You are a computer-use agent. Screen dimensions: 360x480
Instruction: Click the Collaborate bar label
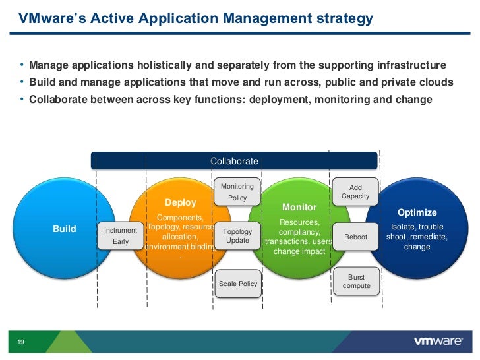coord(234,161)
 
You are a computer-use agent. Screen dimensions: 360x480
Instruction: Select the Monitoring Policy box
coord(237,192)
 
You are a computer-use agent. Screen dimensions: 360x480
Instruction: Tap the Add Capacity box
coord(355,192)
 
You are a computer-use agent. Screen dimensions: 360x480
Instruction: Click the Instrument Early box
coord(121,236)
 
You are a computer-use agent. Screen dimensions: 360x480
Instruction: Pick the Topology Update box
coord(237,236)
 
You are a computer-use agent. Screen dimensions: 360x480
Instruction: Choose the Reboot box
coord(355,237)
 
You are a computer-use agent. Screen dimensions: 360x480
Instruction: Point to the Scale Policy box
coord(238,284)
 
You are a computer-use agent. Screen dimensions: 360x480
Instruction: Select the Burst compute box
coord(357,282)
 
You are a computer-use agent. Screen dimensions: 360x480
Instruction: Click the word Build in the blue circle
coord(65,229)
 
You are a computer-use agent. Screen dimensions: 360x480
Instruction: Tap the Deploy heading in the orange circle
coord(181,202)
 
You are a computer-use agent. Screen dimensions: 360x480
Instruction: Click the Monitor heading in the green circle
coord(299,207)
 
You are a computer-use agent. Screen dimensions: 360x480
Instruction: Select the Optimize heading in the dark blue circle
coord(417,212)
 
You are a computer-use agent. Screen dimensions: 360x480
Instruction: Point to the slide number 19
coord(20,342)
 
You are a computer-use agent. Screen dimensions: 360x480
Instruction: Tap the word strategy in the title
coord(343,19)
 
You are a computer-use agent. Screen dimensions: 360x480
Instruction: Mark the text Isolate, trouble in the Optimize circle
coord(417,227)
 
